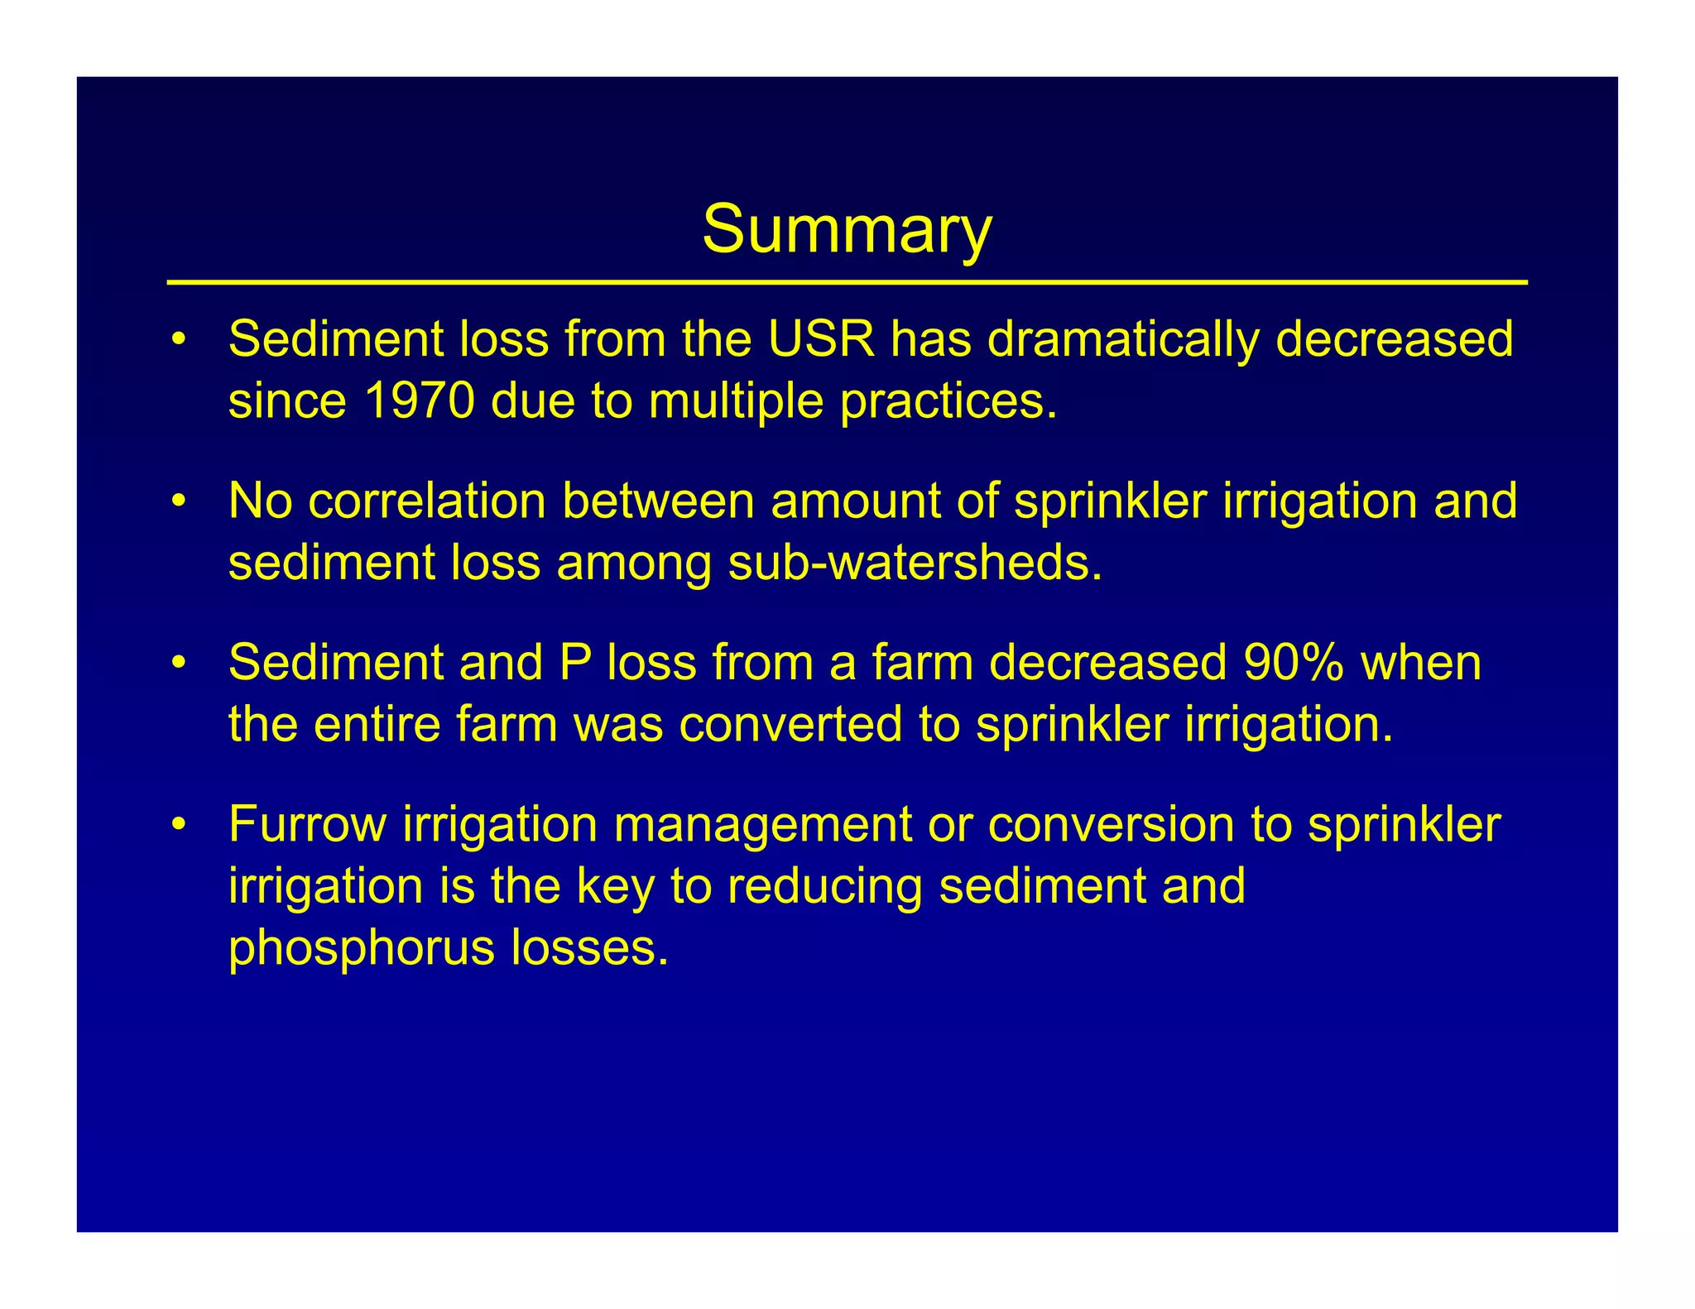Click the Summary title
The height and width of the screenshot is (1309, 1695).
pyautogui.click(x=847, y=230)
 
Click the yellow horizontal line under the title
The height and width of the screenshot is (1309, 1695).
pyautogui.click(x=847, y=283)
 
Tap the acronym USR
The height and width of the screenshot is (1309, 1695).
pyautogui.click(x=820, y=339)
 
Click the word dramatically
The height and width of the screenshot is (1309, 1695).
pyautogui.click(x=1122, y=341)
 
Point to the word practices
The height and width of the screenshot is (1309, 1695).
pyautogui.click(x=948, y=402)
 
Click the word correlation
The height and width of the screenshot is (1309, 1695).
pyautogui.click(x=427, y=501)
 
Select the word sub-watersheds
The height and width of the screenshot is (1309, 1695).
pyautogui.click(x=915, y=563)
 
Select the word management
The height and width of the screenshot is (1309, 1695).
pyautogui.click(x=762, y=826)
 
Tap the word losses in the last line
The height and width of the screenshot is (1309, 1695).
pyautogui.click(x=588, y=947)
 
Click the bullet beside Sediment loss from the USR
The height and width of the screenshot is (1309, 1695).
pyautogui.click(x=177, y=341)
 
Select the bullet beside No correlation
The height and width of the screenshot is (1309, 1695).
pyautogui.click(x=177, y=502)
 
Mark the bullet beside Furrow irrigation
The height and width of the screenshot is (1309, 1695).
pyautogui.click(x=177, y=826)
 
